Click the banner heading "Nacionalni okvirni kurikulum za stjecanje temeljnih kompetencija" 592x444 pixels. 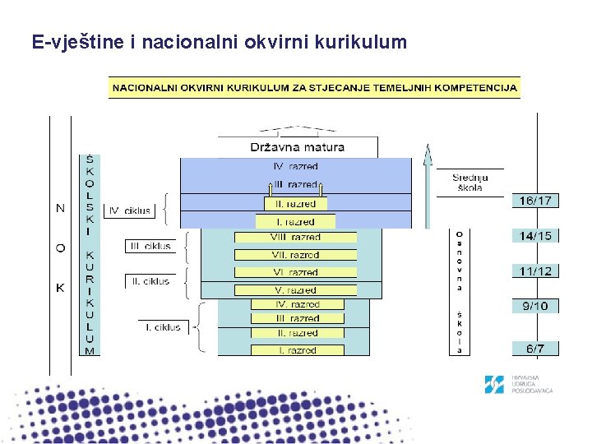[x=314, y=87]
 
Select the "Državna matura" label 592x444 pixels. [x=298, y=148]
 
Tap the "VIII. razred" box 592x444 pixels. [x=296, y=238]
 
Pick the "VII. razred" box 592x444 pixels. [x=296, y=255]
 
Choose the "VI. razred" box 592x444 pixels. [x=296, y=272]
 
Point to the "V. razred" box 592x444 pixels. [x=296, y=290]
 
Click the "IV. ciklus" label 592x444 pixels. [x=130, y=210]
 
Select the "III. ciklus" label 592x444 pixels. [x=149, y=246]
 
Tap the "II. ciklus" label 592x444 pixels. [x=150, y=281]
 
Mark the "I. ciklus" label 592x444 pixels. [x=163, y=327]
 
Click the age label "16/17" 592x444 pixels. [x=535, y=201]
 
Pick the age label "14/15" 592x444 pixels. [x=535, y=236]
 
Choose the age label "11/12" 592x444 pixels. [x=535, y=271]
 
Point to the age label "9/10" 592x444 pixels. [x=535, y=307]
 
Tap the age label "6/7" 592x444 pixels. [x=535, y=349]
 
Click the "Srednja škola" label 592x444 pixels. [x=470, y=183]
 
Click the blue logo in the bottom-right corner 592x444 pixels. [x=494, y=385]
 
